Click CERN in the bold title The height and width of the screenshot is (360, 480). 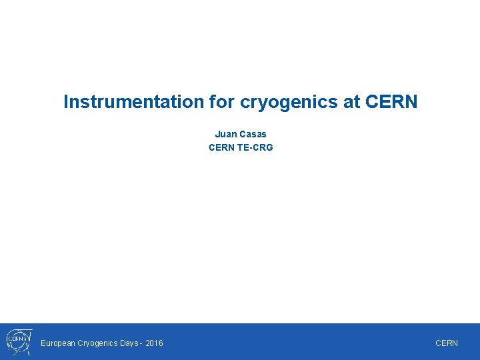pos(391,102)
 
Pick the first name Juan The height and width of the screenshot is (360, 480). pos(225,134)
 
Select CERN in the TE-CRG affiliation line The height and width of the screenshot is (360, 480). pos(221,147)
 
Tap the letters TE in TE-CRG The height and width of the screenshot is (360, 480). pos(243,147)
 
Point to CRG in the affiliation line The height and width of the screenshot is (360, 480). pos(263,147)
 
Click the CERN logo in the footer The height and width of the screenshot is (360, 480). pos(17,342)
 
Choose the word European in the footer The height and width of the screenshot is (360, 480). pos(58,343)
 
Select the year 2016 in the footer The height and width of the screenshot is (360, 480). pos(154,343)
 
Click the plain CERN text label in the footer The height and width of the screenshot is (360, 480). pos(447,343)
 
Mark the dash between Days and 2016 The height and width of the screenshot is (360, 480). pos(143,343)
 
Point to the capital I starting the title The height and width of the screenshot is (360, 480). pos(65,102)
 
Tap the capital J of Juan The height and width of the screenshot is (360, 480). pos(217,134)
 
